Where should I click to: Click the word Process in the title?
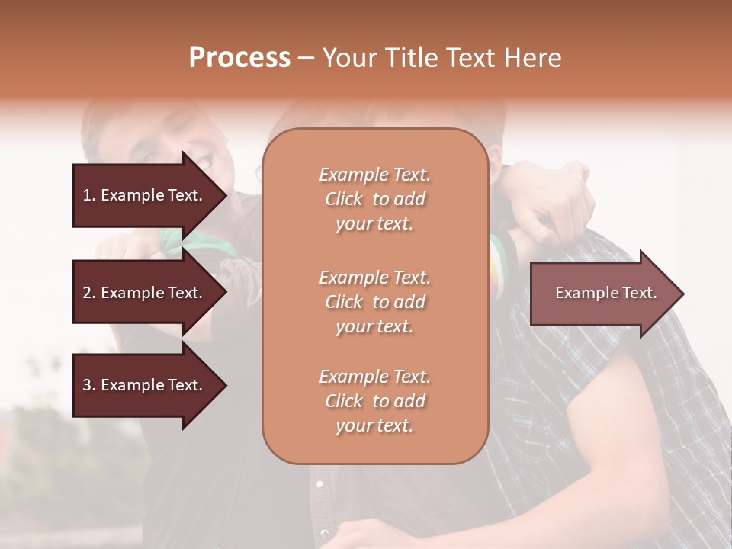pyautogui.click(x=239, y=58)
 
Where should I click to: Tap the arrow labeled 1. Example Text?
pyautogui.click(x=145, y=195)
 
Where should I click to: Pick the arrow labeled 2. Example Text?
pyautogui.click(x=145, y=293)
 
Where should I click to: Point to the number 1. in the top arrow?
pyautogui.click(x=89, y=195)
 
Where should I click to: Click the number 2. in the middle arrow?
pyautogui.click(x=89, y=293)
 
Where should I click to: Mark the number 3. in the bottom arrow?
pyautogui.click(x=89, y=386)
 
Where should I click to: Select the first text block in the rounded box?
pyautogui.click(x=374, y=199)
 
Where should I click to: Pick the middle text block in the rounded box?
pyautogui.click(x=374, y=302)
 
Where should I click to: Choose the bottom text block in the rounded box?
pyautogui.click(x=374, y=401)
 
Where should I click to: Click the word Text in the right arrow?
pyautogui.click(x=639, y=293)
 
